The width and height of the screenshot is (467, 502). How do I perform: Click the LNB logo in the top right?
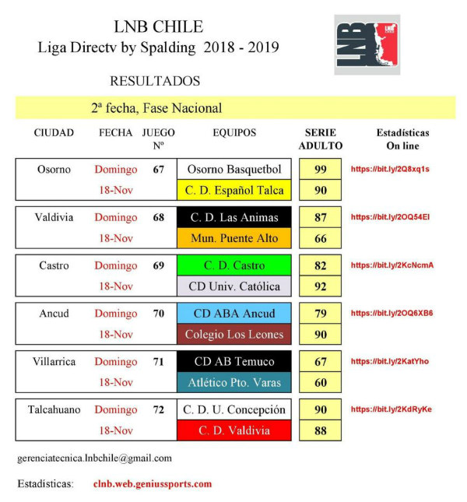[367, 44]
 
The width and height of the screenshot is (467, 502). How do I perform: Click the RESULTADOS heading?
[154, 81]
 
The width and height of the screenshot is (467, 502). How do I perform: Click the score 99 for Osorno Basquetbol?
[321, 170]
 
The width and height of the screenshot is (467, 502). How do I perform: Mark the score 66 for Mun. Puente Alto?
[321, 238]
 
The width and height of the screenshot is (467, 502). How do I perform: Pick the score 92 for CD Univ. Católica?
[321, 286]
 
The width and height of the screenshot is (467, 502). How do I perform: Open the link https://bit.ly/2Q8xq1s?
[390, 169]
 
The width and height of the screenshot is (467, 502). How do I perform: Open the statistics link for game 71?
[390, 361]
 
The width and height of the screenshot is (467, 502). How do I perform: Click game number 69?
[159, 266]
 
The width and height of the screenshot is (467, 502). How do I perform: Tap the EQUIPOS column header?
[234, 133]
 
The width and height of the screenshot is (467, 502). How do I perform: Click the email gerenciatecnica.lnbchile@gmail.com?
[94, 458]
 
